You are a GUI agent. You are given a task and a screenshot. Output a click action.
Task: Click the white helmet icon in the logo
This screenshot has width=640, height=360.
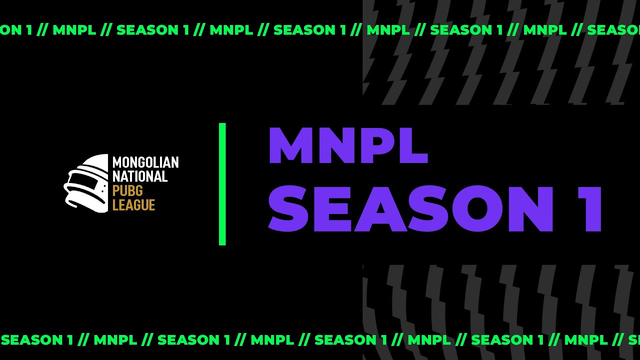click(x=86, y=183)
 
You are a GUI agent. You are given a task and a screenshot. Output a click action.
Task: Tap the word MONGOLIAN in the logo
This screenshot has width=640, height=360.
click(x=145, y=162)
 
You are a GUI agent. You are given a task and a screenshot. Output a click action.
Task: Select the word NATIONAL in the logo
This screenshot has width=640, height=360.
click(x=139, y=176)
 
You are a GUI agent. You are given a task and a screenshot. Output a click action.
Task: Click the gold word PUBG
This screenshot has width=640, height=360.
click(x=127, y=190)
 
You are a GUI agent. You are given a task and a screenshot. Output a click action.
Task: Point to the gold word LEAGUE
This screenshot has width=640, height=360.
click(x=133, y=204)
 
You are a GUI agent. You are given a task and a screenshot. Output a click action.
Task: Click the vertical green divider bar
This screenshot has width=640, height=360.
click(x=222, y=184)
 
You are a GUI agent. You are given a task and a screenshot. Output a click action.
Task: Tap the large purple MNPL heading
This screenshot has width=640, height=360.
click(x=348, y=146)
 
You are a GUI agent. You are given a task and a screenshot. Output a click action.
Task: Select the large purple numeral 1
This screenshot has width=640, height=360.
click(x=590, y=208)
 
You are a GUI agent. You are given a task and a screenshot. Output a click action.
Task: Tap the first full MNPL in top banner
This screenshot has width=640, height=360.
click(x=74, y=30)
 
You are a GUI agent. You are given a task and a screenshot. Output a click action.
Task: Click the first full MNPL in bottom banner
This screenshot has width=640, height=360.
click(x=115, y=340)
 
